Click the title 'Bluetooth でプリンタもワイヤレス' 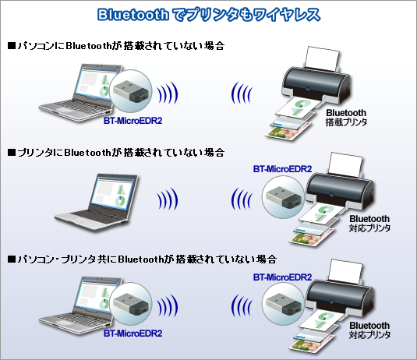[x=209, y=15]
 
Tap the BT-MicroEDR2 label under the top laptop [x=133, y=121]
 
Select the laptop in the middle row [x=97, y=203]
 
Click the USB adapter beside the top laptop [x=130, y=91]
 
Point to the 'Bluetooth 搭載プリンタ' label [x=346, y=117]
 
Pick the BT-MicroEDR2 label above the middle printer [x=282, y=169]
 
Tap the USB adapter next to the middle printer [x=283, y=197]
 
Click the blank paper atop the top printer [x=323, y=58]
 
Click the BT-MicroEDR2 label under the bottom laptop [x=133, y=334]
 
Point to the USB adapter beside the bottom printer [x=283, y=303]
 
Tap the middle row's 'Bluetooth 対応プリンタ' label [x=369, y=224]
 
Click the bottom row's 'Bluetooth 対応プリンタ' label [x=369, y=330]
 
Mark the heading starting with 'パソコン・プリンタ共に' [x=143, y=259]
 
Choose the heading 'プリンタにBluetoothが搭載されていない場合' [x=116, y=153]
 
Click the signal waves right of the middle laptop [x=168, y=199]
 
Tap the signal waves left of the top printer [x=241, y=93]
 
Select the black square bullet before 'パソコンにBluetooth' [x=12, y=46]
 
